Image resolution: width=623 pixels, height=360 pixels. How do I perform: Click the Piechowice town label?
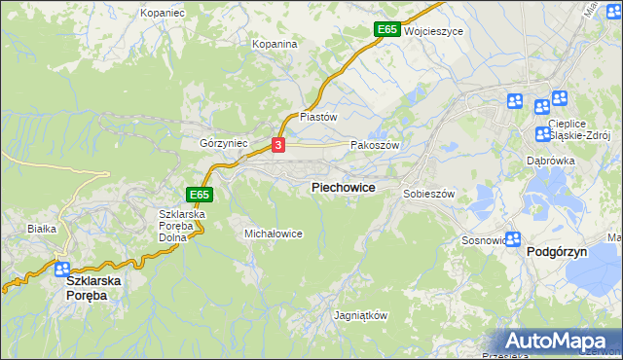tap(343, 187)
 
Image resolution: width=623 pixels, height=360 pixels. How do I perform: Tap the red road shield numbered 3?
tap(278, 145)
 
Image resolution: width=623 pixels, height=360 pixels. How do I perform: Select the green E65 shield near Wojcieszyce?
tap(386, 30)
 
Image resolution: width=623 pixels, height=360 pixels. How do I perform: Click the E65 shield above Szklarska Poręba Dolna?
tap(199, 195)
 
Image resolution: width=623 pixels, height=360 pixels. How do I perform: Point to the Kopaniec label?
tap(163, 14)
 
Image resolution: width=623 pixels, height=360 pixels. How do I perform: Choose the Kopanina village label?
tap(274, 44)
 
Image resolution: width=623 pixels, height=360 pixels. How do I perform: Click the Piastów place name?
tap(317, 116)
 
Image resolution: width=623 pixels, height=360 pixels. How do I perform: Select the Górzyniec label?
tap(224, 143)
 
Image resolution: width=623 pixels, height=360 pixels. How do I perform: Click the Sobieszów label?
tap(429, 194)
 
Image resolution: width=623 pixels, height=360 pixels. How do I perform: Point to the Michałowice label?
tap(274, 234)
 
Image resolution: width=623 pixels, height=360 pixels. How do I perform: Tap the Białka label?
tap(42, 229)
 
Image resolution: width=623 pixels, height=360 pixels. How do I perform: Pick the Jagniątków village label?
tap(361, 316)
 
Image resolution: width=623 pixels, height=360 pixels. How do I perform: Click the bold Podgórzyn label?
tap(560, 251)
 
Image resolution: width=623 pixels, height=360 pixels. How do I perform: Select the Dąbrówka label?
tap(550, 161)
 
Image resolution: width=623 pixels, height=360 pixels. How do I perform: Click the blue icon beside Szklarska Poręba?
tap(62, 270)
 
